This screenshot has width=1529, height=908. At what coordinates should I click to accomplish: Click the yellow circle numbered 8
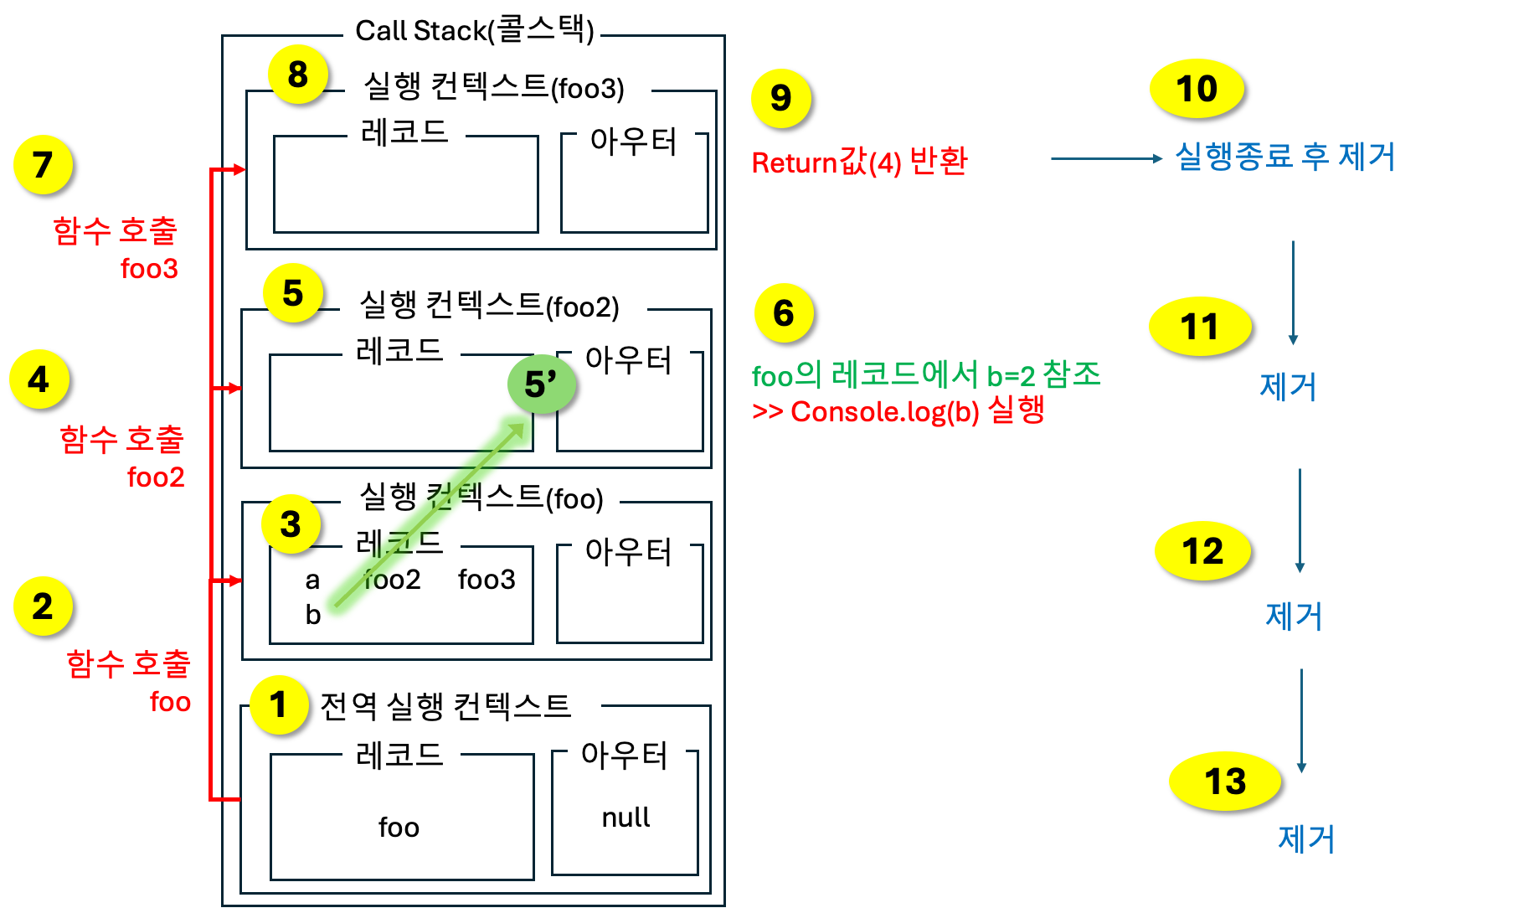pyautogui.click(x=297, y=75)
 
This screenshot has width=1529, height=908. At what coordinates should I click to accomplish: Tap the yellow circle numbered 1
pyautogui.click(x=278, y=704)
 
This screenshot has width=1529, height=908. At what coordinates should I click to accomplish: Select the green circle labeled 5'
pyautogui.click(x=541, y=384)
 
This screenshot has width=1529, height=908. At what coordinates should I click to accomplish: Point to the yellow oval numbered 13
pyautogui.click(x=1224, y=782)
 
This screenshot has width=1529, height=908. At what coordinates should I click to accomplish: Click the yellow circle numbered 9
pyautogui.click(x=780, y=98)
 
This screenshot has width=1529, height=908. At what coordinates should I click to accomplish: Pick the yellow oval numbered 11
pyautogui.click(x=1199, y=327)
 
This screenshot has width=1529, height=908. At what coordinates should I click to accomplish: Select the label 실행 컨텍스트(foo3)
pyautogui.click(x=496, y=88)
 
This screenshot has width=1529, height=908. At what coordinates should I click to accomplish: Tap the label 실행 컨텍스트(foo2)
pyautogui.click(x=492, y=307)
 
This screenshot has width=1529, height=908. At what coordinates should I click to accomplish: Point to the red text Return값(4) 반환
pyautogui.click(x=859, y=162)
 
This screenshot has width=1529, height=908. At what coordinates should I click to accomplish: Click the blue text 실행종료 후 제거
pyautogui.click(x=1284, y=157)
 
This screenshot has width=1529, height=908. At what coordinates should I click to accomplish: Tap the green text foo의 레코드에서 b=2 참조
pyautogui.click(x=926, y=375)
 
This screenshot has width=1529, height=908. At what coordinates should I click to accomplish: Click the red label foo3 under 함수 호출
pyautogui.click(x=149, y=269)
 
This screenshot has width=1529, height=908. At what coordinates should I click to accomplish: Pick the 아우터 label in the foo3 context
pyautogui.click(x=634, y=142)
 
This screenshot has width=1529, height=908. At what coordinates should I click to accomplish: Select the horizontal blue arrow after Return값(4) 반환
pyautogui.click(x=1105, y=158)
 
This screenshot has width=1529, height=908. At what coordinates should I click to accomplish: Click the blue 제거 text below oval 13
pyautogui.click(x=1306, y=838)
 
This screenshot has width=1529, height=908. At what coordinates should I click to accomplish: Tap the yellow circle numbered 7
pyautogui.click(x=43, y=164)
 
